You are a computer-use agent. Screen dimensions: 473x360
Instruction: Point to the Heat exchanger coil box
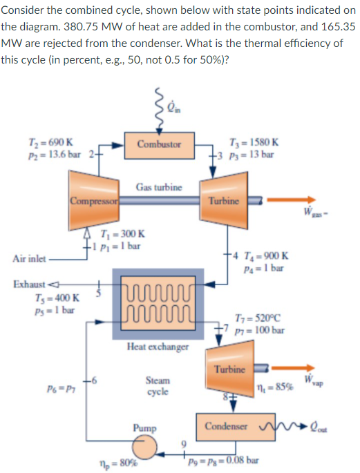[x=158, y=304]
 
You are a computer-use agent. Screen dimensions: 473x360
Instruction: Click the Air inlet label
[x=28, y=259]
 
